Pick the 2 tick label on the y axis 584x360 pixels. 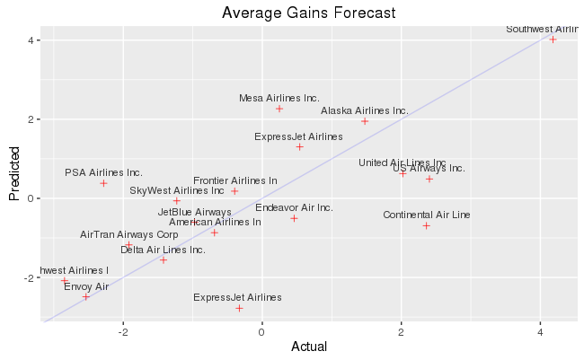click(x=31, y=119)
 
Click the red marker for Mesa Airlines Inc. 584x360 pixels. click(x=279, y=109)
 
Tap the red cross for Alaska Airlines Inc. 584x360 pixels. click(x=365, y=121)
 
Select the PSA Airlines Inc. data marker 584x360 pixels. click(x=103, y=183)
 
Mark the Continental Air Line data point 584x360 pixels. click(x=426, y=225)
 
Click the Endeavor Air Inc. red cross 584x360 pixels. click(x=294, y=218)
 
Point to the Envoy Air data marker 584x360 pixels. click(x=86, y=296)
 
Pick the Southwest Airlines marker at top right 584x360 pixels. click(x=553, y=40)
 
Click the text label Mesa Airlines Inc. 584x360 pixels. click(x=279, y=98)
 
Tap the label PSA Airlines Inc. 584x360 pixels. click(x=103, y=172)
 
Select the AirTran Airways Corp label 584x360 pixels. click(x=129, y=234)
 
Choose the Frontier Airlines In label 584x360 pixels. click(x=235, y=180)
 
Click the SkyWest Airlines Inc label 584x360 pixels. click(x=177, y=190)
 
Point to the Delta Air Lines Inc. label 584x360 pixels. click(x=163, y=250)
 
